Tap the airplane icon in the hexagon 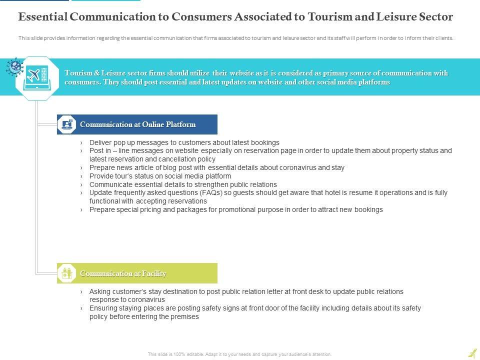(x=34, y=76)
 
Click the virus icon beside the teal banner (x=14, y=66)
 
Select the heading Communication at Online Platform (x=137, y=124)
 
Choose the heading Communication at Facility (x=123, y=273)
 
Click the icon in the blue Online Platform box (x=66, y=124)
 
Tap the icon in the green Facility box (x=66, y=273)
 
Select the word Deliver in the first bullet (x=101, y=142)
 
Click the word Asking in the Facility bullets (x=100, y=291)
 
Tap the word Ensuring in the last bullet (x=103, y=308)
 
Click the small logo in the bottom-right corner (x=472, y=353)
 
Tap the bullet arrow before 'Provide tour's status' (x=81, y=176)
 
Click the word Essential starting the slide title (x=43, y=16)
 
